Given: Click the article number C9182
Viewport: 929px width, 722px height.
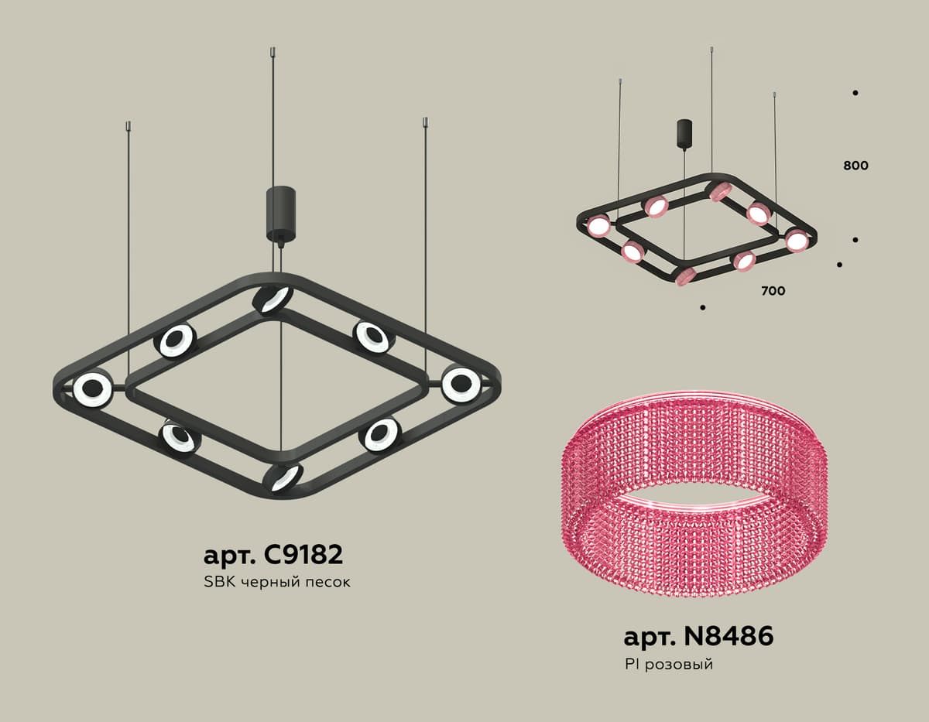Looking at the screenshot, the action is (x=273, y=556).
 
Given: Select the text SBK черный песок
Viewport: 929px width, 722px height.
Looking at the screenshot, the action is (x=277, y=582).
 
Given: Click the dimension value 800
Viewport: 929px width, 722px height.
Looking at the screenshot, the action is (x=855, y=166).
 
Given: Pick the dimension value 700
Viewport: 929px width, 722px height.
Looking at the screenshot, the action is (x=773, y=291).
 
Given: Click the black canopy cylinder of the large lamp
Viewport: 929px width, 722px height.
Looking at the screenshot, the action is (x=280, y=212).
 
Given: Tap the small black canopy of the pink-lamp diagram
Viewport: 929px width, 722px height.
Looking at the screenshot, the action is (x=685, y=133).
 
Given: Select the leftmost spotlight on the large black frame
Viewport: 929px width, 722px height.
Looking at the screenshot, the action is (x=93, y=388).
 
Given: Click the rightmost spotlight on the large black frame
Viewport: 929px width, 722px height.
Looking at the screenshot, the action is (x=461, y=383).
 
